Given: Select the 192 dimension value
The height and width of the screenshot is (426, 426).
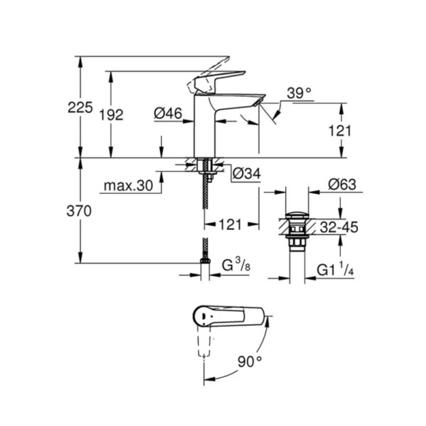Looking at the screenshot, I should click(112, 115).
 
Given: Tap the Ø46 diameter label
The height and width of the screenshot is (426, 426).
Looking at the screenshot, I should click(168, 113).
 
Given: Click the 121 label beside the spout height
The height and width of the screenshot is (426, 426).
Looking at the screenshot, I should click(340, 131).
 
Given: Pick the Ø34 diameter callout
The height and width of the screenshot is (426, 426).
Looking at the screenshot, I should click(247, 173).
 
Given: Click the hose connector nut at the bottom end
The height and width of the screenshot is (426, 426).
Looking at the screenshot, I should click(205, 261).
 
